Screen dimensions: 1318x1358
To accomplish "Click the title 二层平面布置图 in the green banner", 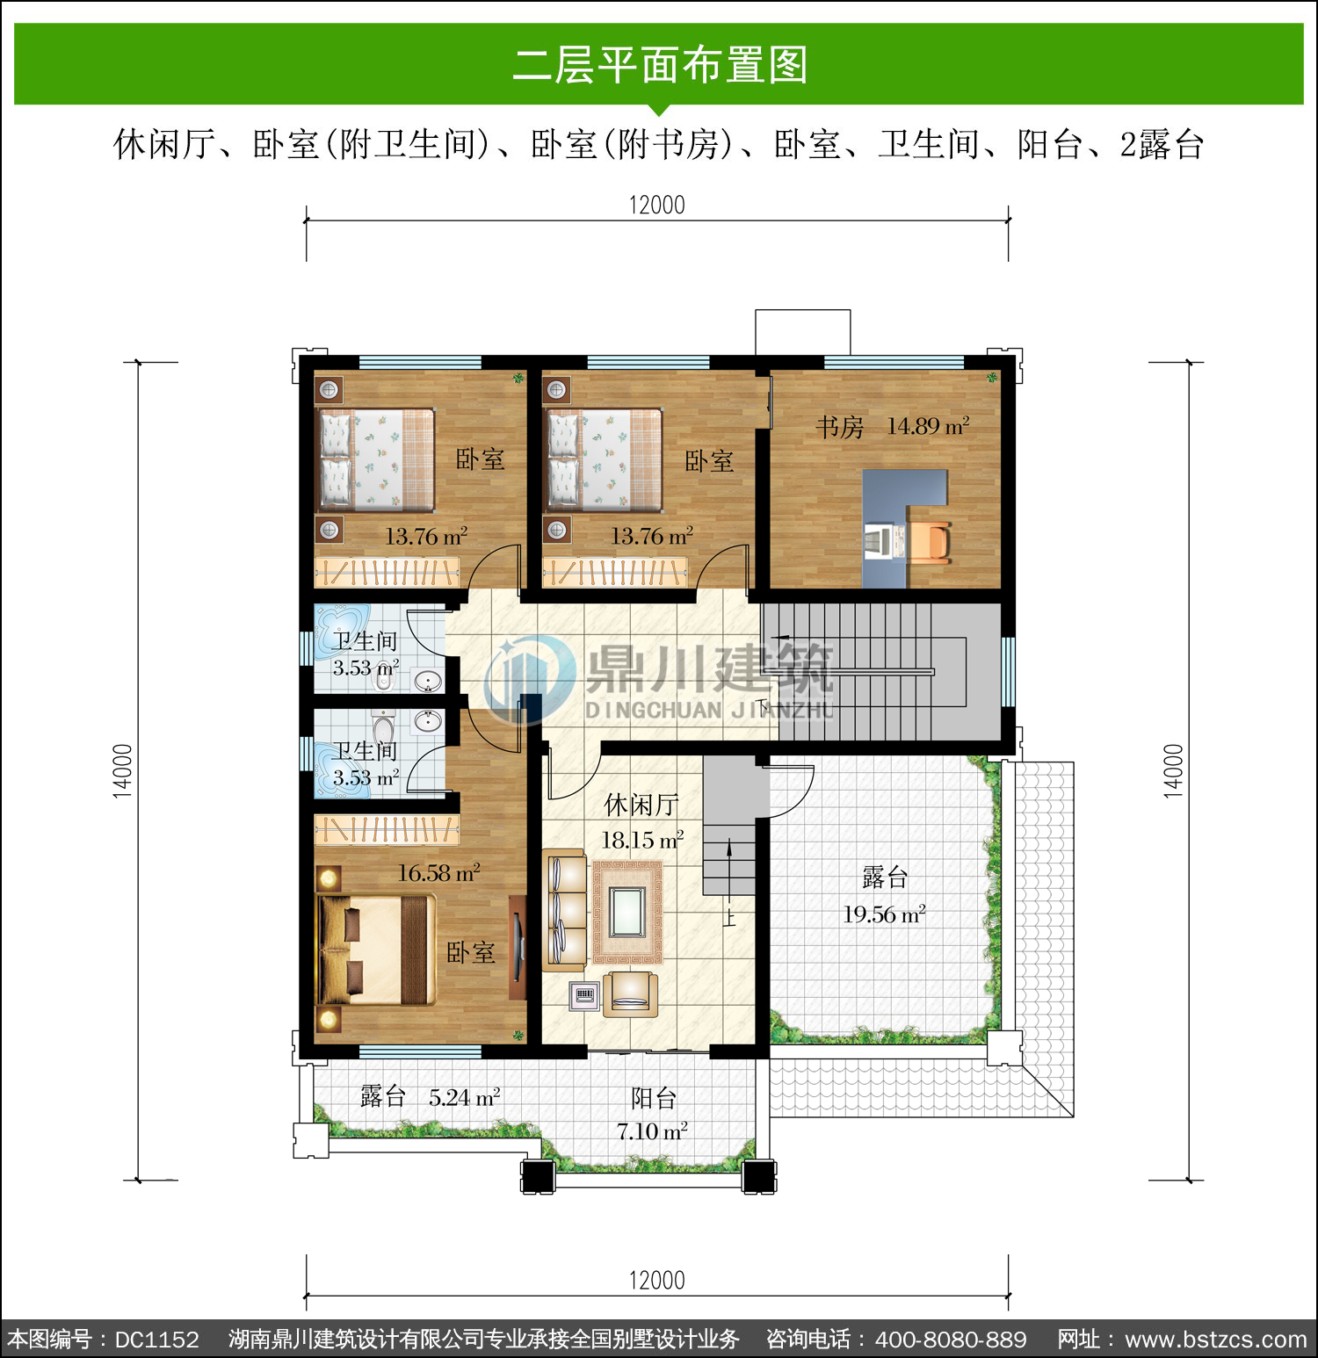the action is [660, 65].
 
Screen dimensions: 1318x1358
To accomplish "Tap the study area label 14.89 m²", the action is [928, 426].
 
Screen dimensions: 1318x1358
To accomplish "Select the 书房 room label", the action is [839, 428].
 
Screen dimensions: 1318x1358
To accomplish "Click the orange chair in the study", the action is [930, 540].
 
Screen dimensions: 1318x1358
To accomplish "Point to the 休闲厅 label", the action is [641, 805].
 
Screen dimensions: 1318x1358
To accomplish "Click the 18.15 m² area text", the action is [642, 841].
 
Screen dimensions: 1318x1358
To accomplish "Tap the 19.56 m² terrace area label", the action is [884, 914].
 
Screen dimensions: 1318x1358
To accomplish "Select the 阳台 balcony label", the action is [654, 1098].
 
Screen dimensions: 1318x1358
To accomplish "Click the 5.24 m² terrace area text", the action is [464, 1097].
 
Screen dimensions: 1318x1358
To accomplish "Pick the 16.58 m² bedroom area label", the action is [438, 873].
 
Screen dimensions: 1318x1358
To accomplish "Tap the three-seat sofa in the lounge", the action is [564, 908].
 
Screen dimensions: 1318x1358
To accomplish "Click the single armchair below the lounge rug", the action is [630, 993].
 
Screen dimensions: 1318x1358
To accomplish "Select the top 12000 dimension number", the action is [656, 205].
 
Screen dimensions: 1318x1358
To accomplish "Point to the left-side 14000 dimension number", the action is [122, 771].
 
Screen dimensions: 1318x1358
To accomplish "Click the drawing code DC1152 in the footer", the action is [157, 1340].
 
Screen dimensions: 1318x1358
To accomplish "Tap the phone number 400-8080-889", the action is [951, 1340].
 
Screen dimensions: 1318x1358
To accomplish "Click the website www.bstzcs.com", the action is [1216, 1340].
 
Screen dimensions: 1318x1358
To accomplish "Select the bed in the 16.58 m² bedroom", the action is [376, 950].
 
